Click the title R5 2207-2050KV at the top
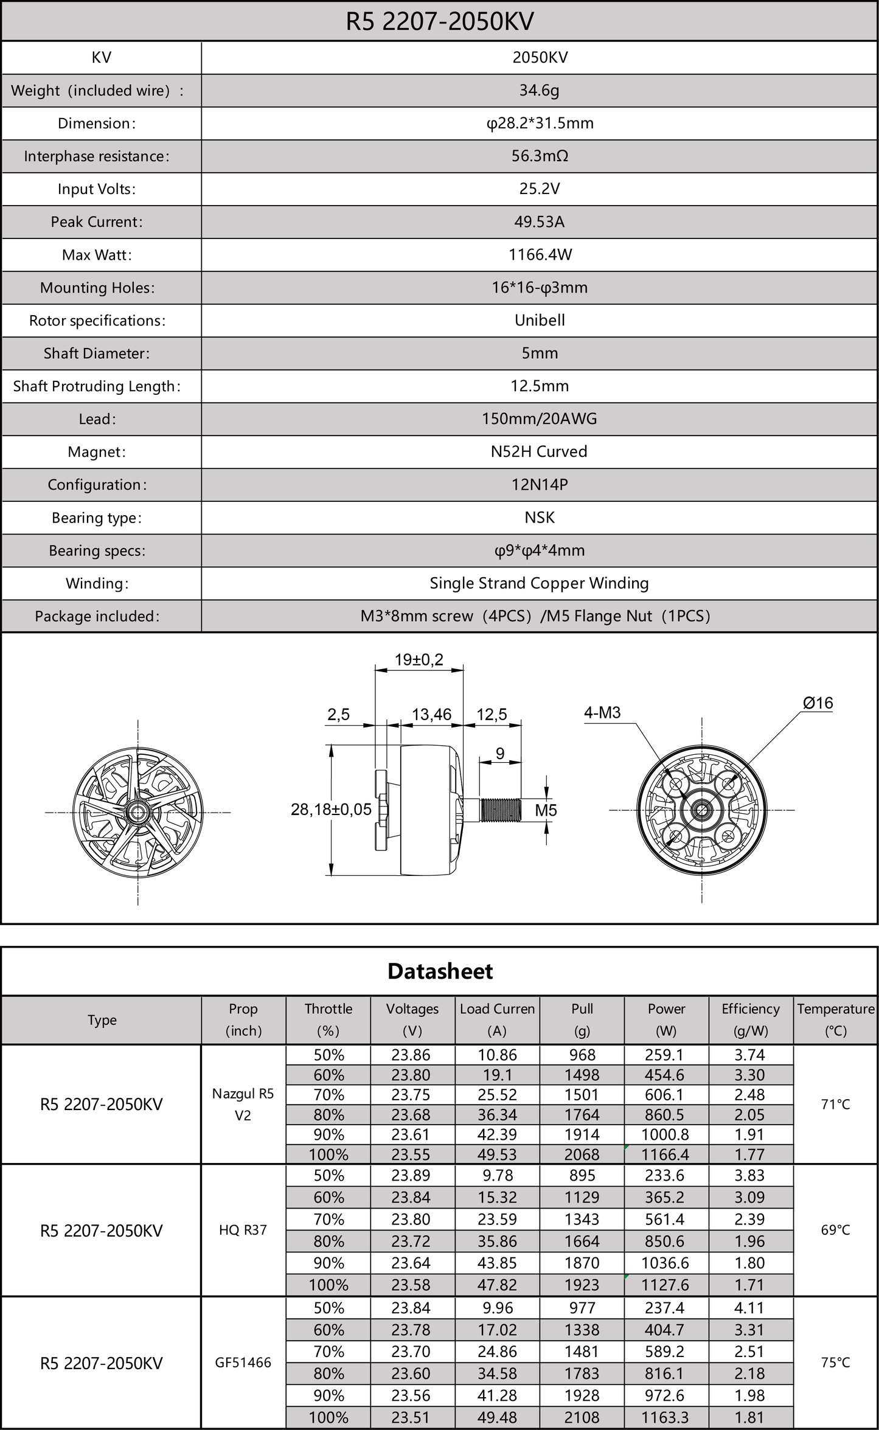[439, 22]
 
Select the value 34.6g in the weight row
[539, 91]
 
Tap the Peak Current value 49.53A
[539, 222]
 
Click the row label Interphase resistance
[97, 156]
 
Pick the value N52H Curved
[539, 452]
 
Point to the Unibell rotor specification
[539, 321]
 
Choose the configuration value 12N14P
[539, 485]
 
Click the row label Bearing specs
[97, 550]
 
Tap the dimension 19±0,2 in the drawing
[419, 659]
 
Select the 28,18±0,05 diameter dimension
[331, 810]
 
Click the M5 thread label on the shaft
[546, 810]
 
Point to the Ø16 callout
[818, 703]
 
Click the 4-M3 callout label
[602, 712]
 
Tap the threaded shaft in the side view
[501, 810]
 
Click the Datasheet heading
[440, 971]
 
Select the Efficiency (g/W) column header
[750, 1019]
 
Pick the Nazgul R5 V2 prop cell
[243, 1104]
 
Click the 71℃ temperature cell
[835, 1104]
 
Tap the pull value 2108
[582, 1418]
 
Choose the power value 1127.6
[665, 1285]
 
